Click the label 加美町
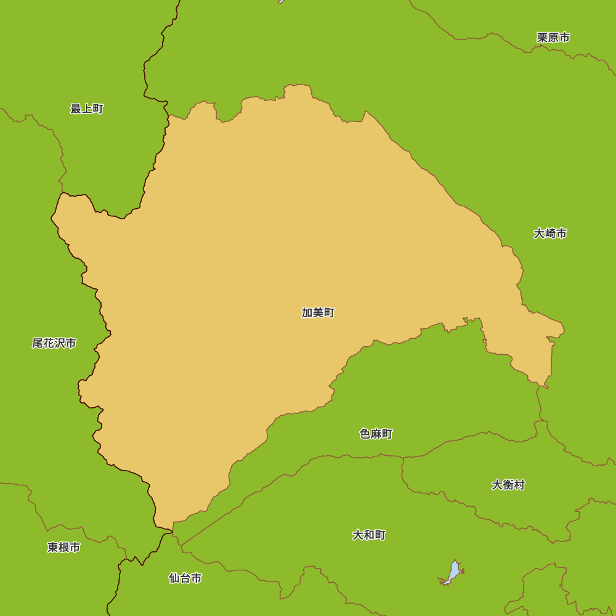tap(318, 312)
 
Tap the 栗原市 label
tap(553, 38)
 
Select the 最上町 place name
tap(87, 109)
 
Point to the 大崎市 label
tap(550, 233)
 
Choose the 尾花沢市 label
tap(54, 343)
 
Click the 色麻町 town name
tap(376, 434)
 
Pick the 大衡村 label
tap(508, 485)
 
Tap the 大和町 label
tap(369, 535)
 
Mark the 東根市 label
tap(63, 547)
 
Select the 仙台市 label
tap(185, 578)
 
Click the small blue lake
tap(453, 573)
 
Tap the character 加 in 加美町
tap(307, 312)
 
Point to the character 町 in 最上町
tap(98, 109)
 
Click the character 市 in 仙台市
tap(196, 578)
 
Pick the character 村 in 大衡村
tap(519, 485)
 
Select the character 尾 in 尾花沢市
tap(38, 343)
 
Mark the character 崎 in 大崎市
tap(550, 233)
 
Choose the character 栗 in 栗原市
tap(542, 38)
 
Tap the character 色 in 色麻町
tap(365, 434)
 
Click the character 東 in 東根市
tap(52, 547)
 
